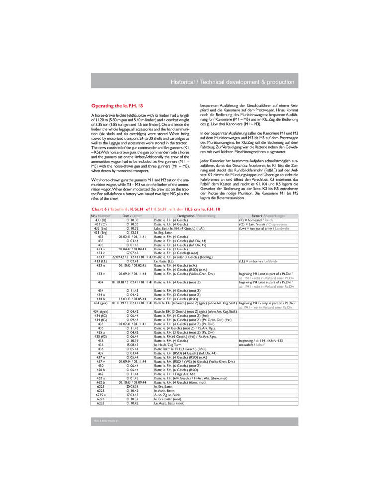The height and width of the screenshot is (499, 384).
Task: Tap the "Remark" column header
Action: tap(268, 215)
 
